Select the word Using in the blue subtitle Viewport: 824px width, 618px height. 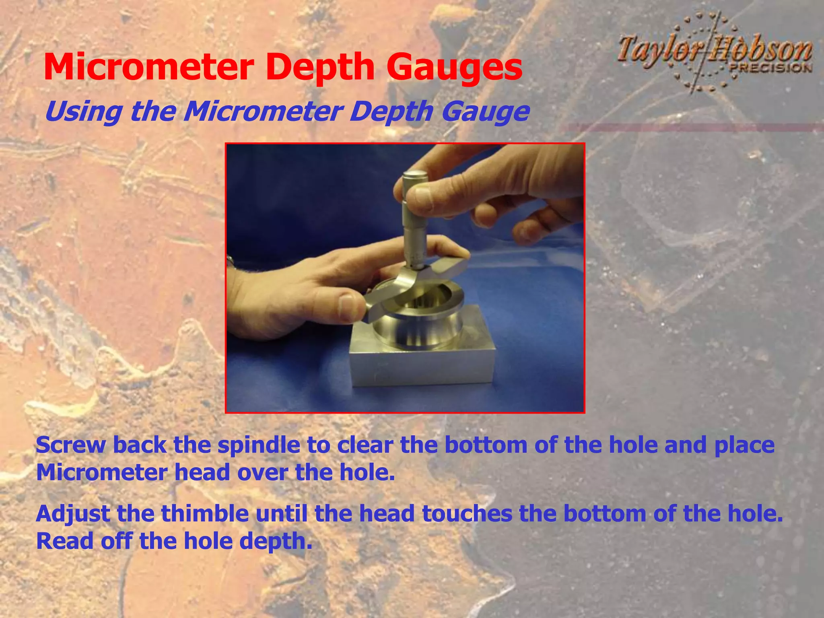coord(83,111)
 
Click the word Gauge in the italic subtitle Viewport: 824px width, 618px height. coord(485,112)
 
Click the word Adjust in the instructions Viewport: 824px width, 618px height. coord(73,514)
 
